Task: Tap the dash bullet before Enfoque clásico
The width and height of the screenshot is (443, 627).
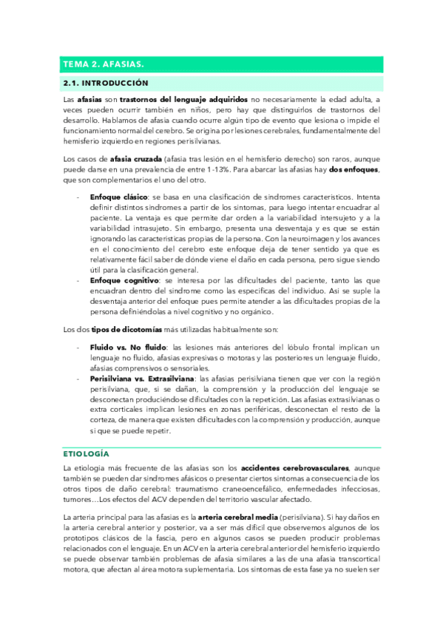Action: (79, 198)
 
